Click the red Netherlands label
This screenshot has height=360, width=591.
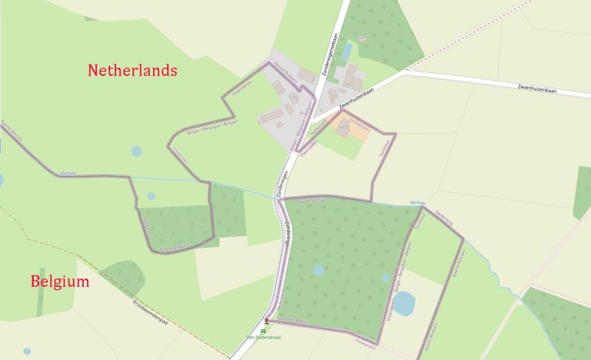pos(132,71)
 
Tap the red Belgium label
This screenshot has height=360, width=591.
pos(60,282)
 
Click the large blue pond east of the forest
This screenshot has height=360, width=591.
pos(403,303)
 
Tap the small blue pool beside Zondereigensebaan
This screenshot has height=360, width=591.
pos(347,51)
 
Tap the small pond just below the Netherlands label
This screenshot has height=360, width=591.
pos(136,152)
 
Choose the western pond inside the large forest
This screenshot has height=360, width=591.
pos(319,270)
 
